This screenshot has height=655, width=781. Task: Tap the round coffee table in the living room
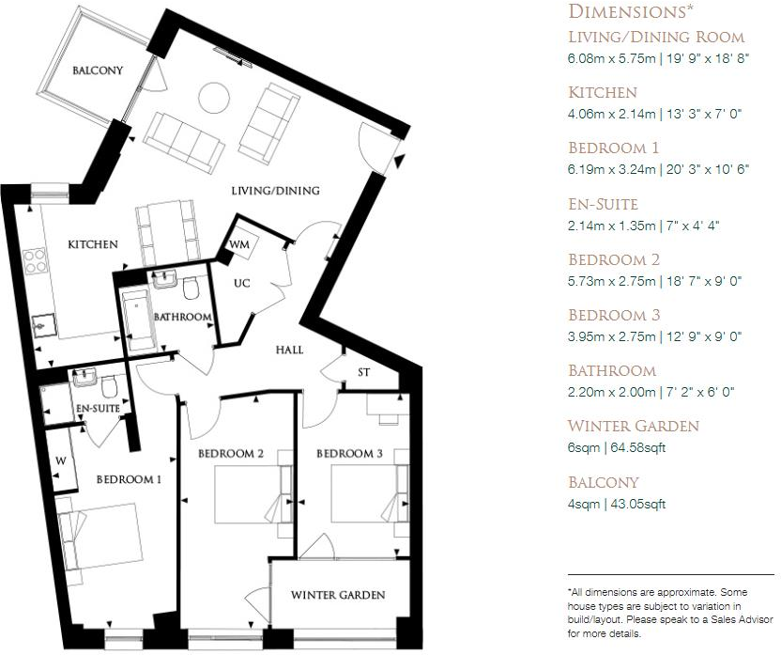214,97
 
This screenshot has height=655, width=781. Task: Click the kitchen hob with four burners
36,260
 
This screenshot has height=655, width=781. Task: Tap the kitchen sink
43,327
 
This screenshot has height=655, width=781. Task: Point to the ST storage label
364,372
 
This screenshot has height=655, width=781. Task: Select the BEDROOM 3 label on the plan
349,454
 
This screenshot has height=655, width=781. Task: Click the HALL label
289,350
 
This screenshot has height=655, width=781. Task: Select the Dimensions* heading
631,11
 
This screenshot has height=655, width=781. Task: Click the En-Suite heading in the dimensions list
603,204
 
